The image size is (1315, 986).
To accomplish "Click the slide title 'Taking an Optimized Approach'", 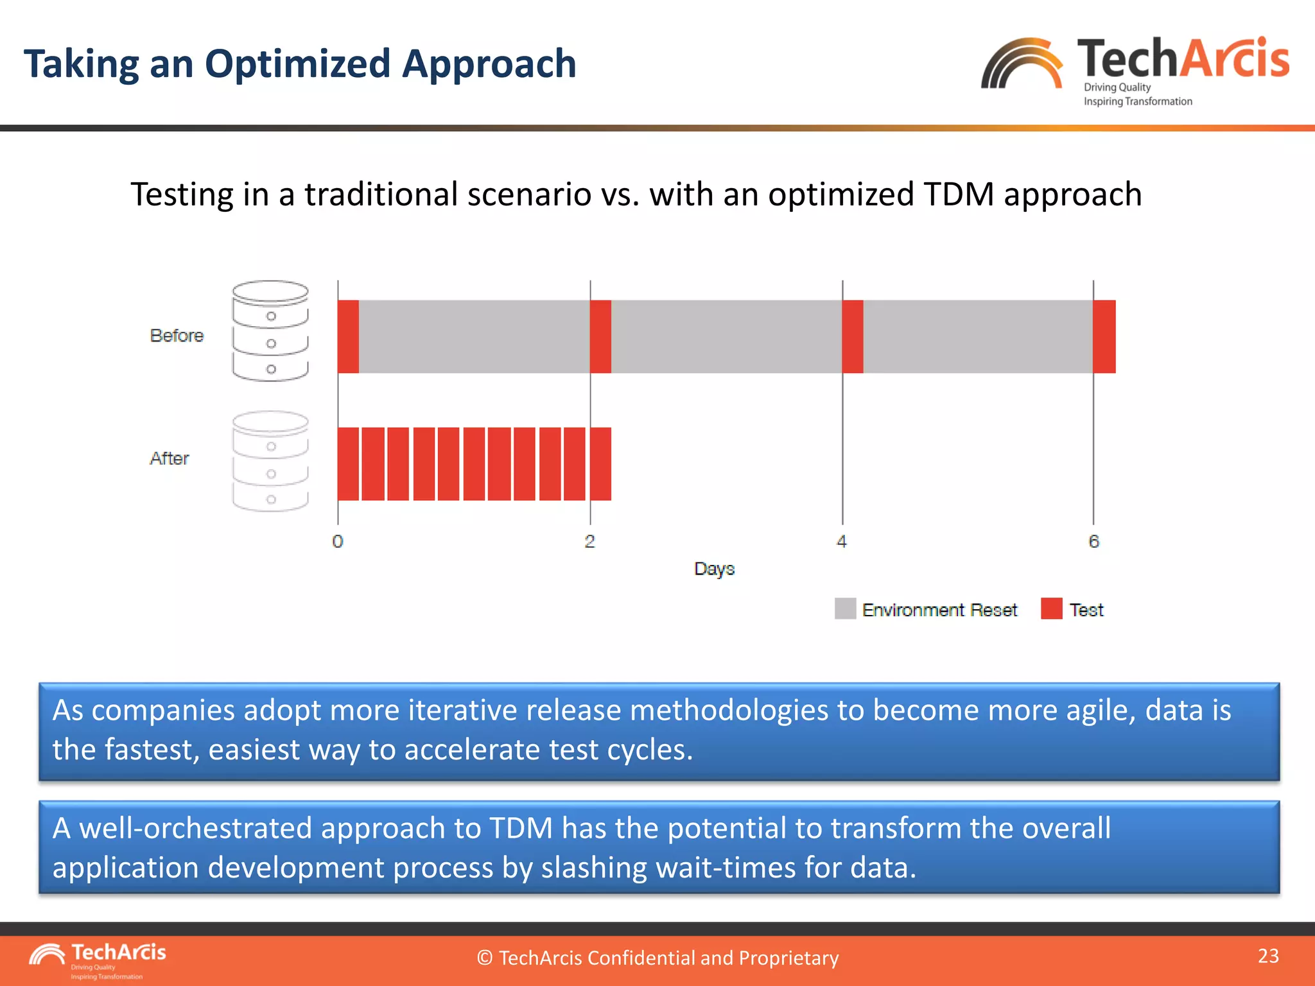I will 300,64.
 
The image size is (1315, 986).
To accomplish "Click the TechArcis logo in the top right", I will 1135,69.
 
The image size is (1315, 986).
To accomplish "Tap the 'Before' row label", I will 177,336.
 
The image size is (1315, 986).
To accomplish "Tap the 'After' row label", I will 170,458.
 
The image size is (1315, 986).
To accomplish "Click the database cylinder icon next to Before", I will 270,331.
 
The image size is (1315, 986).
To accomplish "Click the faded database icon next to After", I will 270,462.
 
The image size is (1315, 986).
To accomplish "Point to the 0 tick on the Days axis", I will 338,542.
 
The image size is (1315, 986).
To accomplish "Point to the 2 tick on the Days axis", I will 589,542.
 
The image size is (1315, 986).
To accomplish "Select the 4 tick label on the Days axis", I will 842,542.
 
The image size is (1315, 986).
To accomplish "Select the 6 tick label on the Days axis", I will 1094,542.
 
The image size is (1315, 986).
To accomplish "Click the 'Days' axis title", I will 714,569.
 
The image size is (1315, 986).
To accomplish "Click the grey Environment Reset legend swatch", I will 845,609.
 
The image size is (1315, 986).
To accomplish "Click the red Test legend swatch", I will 1051,609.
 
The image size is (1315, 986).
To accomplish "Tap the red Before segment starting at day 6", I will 1104,336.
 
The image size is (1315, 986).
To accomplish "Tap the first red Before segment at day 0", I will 348,336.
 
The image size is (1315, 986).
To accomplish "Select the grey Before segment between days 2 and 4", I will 726,336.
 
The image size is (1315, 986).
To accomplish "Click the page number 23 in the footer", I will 1268,956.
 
